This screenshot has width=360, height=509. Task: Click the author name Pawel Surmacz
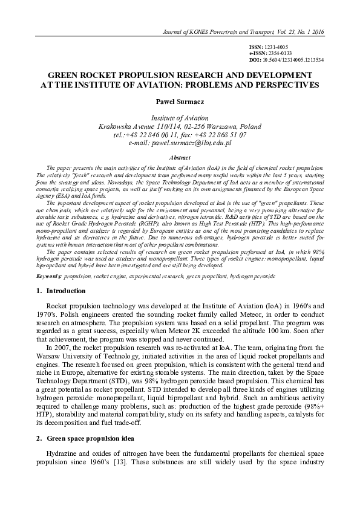click(x=179, y=103)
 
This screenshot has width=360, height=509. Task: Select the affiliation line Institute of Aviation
click(x=179, y=118)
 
